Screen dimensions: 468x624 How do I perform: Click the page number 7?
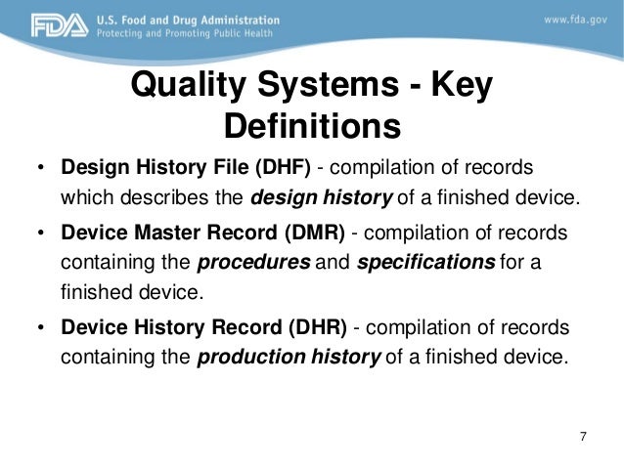584,436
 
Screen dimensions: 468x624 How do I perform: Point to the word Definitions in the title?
313,128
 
